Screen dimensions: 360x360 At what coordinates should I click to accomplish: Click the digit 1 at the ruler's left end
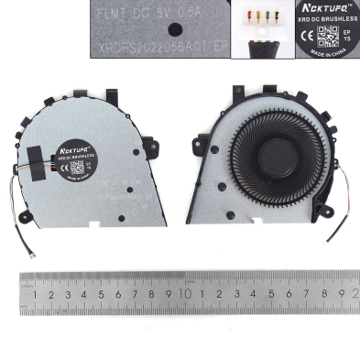34,295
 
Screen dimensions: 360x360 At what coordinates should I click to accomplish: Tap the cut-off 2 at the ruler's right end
354,295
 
